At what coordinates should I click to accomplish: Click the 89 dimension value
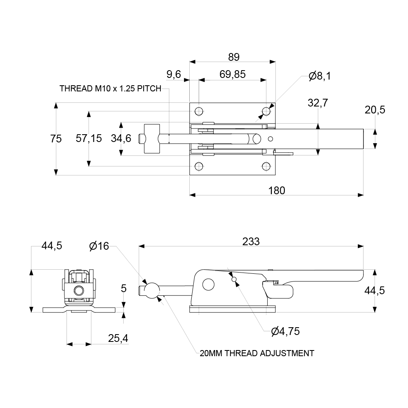tap(233, 57)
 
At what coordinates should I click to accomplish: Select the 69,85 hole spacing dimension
tap(232, 74)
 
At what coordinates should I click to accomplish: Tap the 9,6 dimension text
tap(174, 74)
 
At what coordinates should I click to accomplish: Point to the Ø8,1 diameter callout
tap(320, 75)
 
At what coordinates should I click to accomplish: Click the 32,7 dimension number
tap(318, 103)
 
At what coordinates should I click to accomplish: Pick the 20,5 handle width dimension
tap(375, 110)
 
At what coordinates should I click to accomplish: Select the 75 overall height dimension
tap(56, 139)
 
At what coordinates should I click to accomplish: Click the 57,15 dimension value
tap(89, 139)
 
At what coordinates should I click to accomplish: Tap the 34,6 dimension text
tap(121, 139)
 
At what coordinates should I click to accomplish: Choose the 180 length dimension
tap(277, 190)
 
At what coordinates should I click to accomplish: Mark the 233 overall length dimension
tap(251, 242)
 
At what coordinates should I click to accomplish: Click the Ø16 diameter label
tap(99, 246)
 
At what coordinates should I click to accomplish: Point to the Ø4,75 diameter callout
tap(285, 331)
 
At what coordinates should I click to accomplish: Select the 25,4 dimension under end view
tap(118, 338)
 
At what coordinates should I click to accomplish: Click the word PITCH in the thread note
tap(149, 89)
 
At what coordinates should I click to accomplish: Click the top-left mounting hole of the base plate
tap(199, 111)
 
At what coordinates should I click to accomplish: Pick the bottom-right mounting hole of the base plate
tap(266, 166)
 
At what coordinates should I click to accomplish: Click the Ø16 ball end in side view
tap(152, 290)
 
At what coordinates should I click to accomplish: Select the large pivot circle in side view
tap(208, 284)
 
